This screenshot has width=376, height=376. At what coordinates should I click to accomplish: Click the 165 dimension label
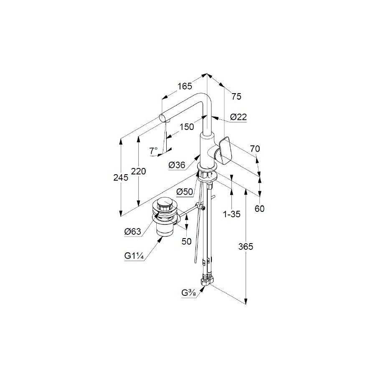pos(185,86)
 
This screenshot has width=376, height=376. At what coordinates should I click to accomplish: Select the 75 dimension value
pos(236,97)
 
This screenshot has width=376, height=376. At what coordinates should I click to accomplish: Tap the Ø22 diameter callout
pos(239,117)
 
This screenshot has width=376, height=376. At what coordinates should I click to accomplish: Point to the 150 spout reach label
pos(186,127)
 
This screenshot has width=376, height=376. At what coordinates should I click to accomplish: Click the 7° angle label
pos(153,151)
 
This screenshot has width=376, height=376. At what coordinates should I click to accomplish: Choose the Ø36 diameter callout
pos(177,165)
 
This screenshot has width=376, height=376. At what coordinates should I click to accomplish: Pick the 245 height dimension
pos(121,178)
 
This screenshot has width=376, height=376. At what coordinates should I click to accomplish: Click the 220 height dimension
pos(138,171)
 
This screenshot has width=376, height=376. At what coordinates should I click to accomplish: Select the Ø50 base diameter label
pos(185,192)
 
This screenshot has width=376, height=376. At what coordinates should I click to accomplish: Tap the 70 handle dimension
pos(255,149)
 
